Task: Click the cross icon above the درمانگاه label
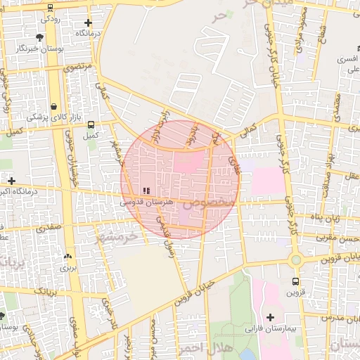point(88,22)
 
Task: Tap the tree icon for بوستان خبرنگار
point(39,37)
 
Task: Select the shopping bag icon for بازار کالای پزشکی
point(54,106)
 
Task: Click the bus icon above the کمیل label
point(91,124)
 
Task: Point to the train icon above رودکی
point(51,9)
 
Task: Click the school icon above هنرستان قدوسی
point(146,191)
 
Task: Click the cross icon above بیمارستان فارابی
point(271,317)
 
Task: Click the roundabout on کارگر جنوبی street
point(295,259)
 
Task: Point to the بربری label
point(67,268)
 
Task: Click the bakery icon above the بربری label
point(67,257)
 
